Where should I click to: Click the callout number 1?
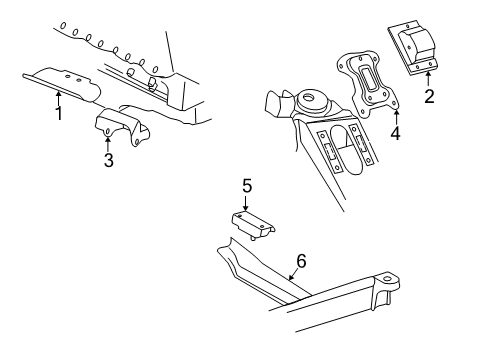pos(59,113)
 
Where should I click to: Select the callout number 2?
pos(429,96)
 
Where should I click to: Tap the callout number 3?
pos(109,160)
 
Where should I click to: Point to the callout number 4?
pos(395,133)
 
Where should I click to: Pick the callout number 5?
pos(247,186)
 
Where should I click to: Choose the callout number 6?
pos(301,261)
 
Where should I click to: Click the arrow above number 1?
pos(59,98)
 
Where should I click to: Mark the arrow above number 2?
pos(428,79)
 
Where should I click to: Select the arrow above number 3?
pos(107,144)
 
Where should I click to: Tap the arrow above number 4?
pos(396,117)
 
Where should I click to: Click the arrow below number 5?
pos(246,203)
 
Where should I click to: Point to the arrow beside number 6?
pos(292,275)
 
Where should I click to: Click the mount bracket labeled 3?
pos(122,127)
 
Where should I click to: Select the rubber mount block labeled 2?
pos(413,48)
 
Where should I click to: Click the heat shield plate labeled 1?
pos(63,84)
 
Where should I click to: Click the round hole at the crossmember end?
pos(387,278)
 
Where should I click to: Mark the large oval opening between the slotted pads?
pos(346,149)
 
